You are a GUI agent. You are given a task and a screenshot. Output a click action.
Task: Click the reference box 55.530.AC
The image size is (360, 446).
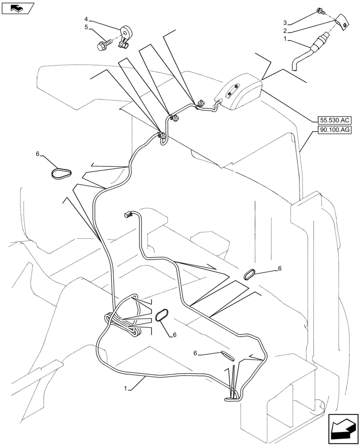pos(335,120)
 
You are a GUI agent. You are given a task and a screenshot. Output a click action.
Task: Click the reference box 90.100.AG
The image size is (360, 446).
pos(335,130)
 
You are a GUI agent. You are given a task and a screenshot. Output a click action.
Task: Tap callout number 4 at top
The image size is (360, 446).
pos(86,20)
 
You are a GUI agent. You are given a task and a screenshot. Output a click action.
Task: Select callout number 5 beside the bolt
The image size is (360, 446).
pos(86,28)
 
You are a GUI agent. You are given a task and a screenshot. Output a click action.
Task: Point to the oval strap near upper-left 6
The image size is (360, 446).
pos(61,174)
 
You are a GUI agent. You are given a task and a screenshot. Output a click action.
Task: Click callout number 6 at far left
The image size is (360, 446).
pos(38,154)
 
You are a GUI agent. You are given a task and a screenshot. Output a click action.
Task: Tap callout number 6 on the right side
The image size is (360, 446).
pos(280,268)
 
